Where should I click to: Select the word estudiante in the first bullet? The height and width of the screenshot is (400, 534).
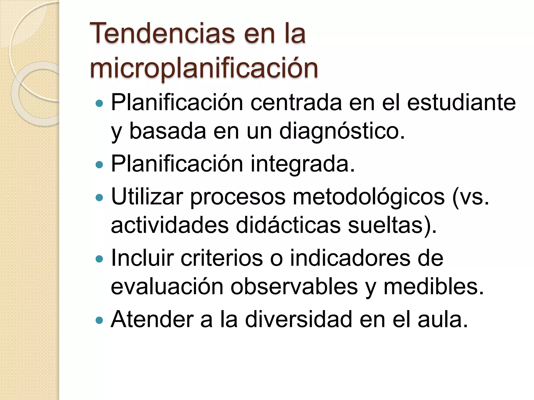461,103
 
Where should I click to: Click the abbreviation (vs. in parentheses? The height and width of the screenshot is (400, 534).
471,197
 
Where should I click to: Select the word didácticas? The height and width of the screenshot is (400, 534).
288,226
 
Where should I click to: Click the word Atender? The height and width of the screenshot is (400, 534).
152,319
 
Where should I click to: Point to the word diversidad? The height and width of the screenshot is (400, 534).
299,319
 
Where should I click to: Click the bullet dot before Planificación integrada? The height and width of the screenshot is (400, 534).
99,165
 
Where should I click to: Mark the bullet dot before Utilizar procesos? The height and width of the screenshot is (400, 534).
99,197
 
